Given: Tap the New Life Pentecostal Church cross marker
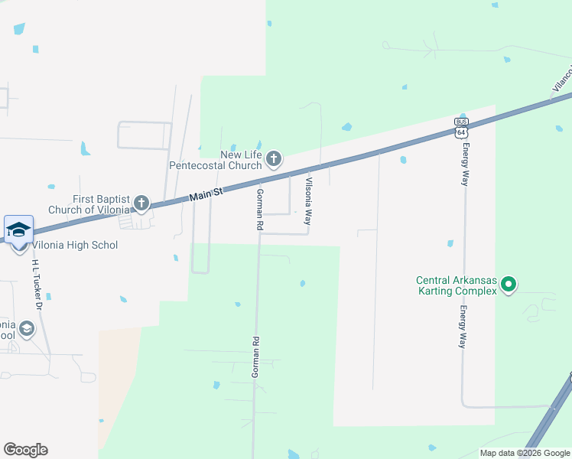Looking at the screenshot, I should [274, 160].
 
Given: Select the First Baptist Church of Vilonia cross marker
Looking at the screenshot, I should [141, 203].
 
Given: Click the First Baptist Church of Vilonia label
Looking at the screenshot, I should [89, 204].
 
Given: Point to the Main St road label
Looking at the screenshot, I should [205, 196].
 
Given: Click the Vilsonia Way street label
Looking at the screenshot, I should [310, 200].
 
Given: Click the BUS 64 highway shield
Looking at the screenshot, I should [460, 128].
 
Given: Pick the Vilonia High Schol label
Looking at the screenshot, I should [74, 245].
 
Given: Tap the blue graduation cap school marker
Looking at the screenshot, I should [18, 229].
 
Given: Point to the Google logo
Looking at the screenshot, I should [25, 450].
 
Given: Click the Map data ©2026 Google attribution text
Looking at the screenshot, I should [525, 453].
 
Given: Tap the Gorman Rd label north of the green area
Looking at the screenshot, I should [260, 210].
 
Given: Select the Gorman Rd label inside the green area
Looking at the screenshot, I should [256, 356].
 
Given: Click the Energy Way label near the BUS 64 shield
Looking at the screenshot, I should [464, 164].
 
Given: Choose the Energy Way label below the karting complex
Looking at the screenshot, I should [463, 327].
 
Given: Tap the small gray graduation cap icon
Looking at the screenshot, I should [27, 329].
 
